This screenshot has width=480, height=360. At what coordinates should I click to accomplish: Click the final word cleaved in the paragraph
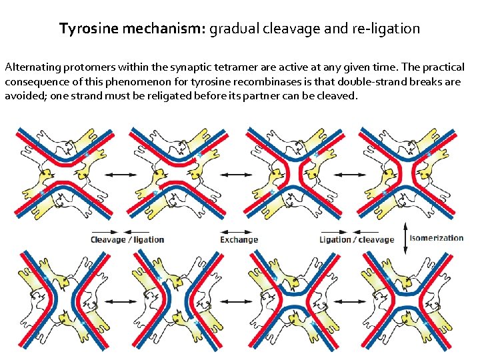tap(339, 96)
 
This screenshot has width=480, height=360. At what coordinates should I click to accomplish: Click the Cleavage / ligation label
tap(127, 239)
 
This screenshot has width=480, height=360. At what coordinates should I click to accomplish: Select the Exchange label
tap(239, 239)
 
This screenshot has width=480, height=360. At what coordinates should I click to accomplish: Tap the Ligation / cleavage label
tap(356, 239)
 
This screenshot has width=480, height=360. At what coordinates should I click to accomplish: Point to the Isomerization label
tap(437, 238)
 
